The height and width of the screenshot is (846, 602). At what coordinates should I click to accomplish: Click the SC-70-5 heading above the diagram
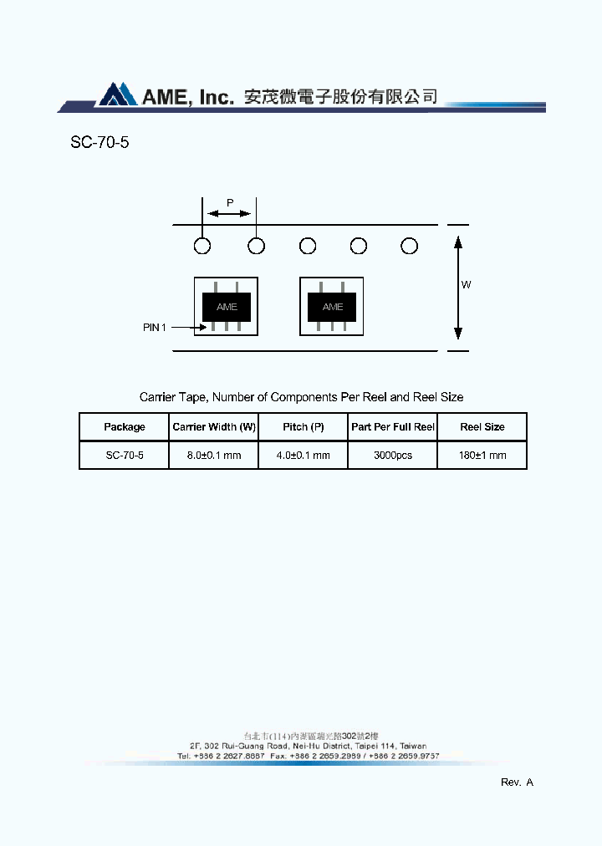click(x=99, y=142)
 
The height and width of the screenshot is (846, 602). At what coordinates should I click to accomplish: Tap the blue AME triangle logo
click(x=117, y=94)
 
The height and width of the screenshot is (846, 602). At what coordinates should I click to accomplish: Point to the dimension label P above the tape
click(x=230, y=202)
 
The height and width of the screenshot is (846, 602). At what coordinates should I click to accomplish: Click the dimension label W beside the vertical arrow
click(x=467, y=285)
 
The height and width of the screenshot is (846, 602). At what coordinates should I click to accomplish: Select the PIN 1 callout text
click(x=155, y=328)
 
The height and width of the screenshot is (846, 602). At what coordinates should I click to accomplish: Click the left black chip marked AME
click(x=227, y=307)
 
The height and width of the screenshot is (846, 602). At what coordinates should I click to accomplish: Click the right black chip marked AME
click(x=332, y=307)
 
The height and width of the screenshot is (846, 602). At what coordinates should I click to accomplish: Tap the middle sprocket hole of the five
click(x=308, y=246)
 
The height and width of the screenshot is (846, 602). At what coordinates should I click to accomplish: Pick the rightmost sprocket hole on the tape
click(x=409, y=246)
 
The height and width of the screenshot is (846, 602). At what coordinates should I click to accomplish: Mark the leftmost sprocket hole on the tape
click(x=202, y=246)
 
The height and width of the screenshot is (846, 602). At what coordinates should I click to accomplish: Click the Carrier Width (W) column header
click(x=214, y=427)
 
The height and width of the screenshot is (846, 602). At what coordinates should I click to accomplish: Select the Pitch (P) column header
click(x=304, y=427)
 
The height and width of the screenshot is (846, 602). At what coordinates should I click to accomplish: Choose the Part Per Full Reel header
click(x=393, y=427)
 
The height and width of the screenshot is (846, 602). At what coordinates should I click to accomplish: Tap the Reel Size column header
click(x=482, y=427)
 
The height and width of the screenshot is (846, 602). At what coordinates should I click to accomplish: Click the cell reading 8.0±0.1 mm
click(x=214, y=456)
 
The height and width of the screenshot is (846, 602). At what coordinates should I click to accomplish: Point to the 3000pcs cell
click(x=393, y=456)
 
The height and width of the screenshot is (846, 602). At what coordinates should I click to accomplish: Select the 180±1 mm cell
click(x=482, y=456)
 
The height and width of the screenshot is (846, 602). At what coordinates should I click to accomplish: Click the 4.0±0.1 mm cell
click(x=304, y=456)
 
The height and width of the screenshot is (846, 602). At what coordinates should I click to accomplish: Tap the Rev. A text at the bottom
click(x=517, y=782)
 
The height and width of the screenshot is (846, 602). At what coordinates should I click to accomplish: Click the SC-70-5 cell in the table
click(x=125, y=456)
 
